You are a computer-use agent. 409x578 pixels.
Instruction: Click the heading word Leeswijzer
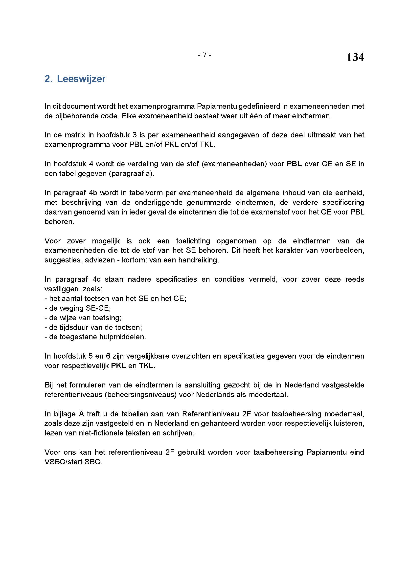[x=81, y=79]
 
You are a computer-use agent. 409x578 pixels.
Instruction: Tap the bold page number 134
[x=355, y=57]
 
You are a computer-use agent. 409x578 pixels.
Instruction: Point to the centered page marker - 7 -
[x=204, y=54]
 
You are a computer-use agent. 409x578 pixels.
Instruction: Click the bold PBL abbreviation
[x=294, y=164]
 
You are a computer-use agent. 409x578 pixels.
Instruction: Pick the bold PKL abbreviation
[x=118, y=366]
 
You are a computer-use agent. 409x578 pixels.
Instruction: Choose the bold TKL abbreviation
[x=147, y=366]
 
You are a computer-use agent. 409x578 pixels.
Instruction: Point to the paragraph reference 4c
[x=97, y=279]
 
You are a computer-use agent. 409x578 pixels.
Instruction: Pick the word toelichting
[x=193, y=241]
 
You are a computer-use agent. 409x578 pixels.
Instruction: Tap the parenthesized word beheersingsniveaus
[x=140, y=394]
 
